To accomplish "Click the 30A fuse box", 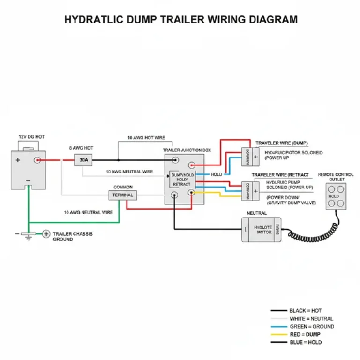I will pyautogui.click(x=83, y=160).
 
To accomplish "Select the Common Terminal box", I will pyautogui.click(x=123, y=195).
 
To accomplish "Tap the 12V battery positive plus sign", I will pyautogui.click(x=18, y=160).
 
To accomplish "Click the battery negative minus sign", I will pyautogui.click(x=28, y=180).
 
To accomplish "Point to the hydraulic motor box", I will pyautogui.click(x=262, y=230).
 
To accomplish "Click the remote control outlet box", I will pyautogui.click(x=336, y=196).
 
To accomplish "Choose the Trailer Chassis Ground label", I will pyautogui.click(x=69, y=236).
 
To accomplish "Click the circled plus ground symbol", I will pyautogui.click(x=46, y=233).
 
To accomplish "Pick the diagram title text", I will pyautogui.click(x=180, y=20).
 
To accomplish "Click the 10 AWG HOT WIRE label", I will pyautogui.click(x=146, y=138).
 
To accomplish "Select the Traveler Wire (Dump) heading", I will pyautogui.click(x=282, y=142).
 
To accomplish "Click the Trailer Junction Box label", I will pyautogui.click(x=187, y=150).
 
